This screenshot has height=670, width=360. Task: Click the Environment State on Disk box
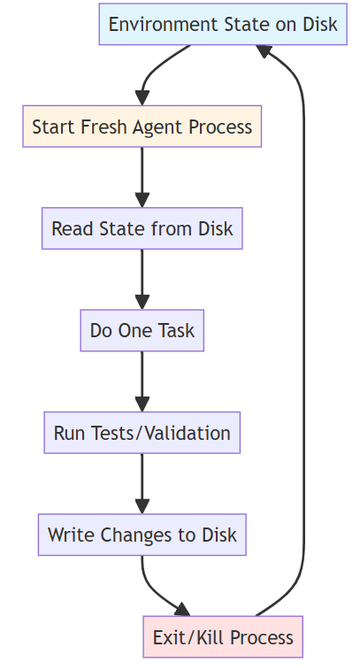[x=223, y=24]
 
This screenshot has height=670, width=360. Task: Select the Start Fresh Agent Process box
[x=142, y=127]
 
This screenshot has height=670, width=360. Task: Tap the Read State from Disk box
[x=142, y=228]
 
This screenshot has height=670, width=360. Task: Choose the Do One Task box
[x=142, y=330]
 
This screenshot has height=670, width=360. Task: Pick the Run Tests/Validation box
[x=142, y=433]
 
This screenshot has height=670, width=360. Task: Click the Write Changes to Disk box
[x=142, y=535]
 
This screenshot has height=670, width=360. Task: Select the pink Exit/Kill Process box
[x=223, y=636]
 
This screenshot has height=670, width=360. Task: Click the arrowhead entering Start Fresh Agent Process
[x=142, y=98]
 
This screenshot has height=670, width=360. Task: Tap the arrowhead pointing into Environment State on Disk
[x=264, y=50]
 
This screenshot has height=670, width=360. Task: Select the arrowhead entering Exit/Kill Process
[x=183, y=609]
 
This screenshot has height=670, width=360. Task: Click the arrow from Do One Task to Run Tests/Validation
[x=142, y=381]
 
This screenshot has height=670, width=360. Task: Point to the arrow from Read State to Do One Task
[x=142, y=280]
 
